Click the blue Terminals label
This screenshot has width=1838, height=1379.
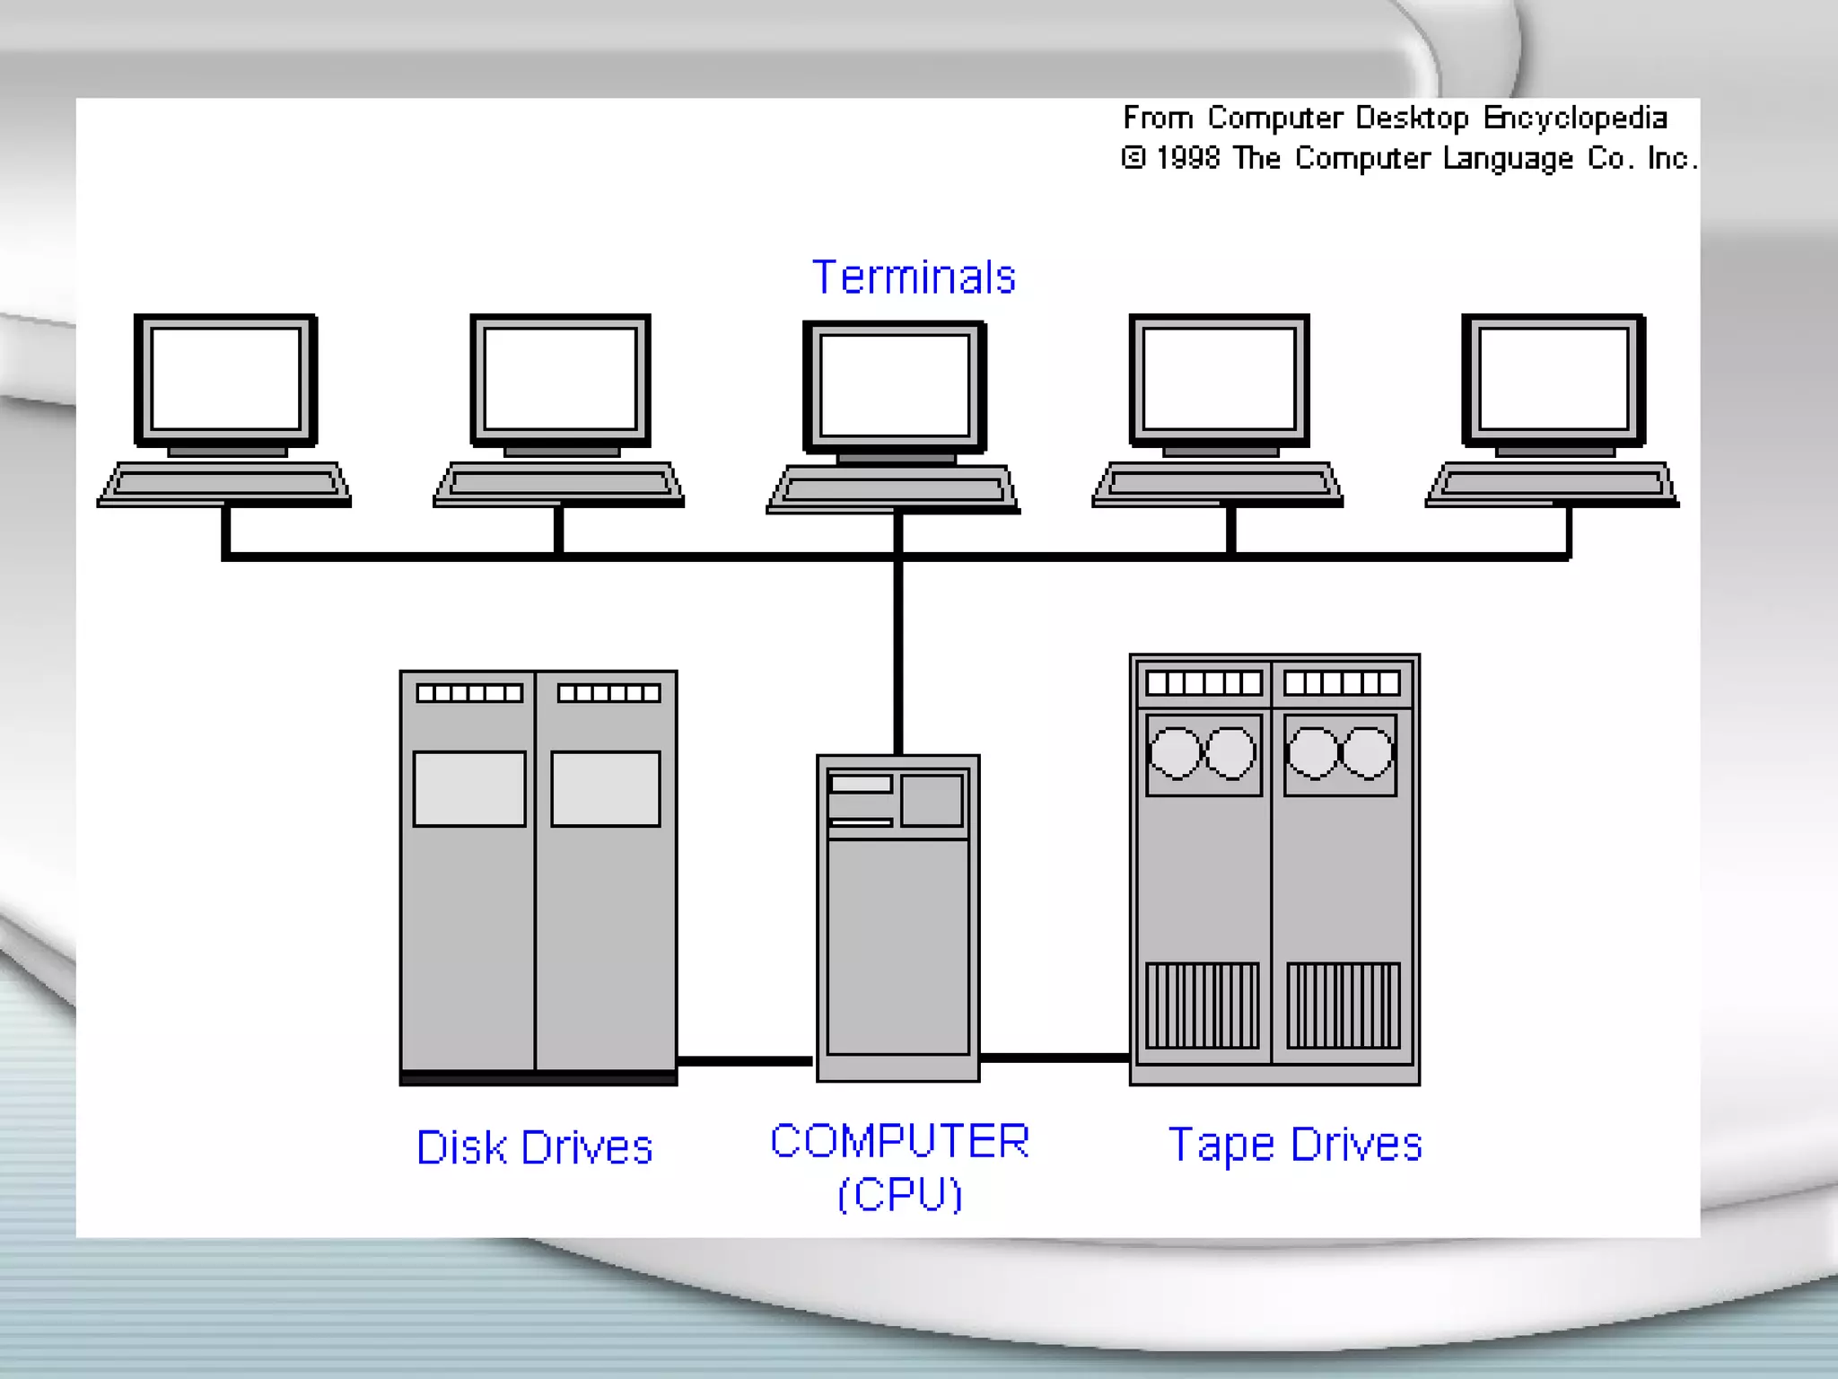(x=914, y=277)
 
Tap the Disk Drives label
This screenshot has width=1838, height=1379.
(x=535, y=1147)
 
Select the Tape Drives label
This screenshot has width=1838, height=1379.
(x=1295, y=1145)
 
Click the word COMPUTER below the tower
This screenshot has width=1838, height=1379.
(x=899, y=1141)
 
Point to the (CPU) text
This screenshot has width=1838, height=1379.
(x=899, y=1194)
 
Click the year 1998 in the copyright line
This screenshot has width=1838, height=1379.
(x=1187, y=159)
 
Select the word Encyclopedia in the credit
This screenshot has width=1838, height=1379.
(x=1575, y=119)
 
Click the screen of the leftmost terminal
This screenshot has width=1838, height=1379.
(x=225, y=378)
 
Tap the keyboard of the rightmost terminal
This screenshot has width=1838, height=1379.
(x=1552, y=484)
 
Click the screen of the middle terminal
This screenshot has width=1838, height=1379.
(x=895, y=385)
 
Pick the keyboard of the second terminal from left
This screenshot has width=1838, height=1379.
(x=559, y=484)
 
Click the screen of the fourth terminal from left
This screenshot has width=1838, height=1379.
(x=1219, y=378)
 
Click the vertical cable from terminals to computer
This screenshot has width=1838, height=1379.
(x=897, y=655)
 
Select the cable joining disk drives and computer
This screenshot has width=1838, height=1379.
(x=746, y=1061)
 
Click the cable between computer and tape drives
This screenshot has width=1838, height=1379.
(x=1055, y=1058)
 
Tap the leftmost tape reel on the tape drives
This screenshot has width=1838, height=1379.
(x=1175, y=753)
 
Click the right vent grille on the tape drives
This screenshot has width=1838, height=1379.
(x=1343, y=1006)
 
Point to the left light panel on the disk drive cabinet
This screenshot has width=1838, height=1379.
(x=469, y=788)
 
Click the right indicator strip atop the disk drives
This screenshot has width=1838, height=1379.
(x=608, y=693)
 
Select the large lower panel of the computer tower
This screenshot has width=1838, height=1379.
(x=897, y=946)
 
